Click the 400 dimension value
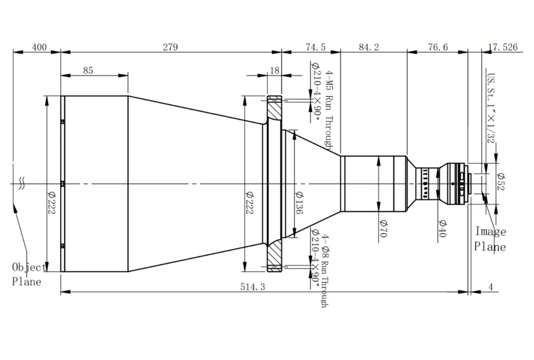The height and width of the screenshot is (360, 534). coord(39,47)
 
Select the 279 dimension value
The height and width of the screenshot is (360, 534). coord(170,47)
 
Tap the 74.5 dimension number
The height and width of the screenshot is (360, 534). coord(316,47)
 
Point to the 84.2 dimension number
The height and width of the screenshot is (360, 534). coord(369,47)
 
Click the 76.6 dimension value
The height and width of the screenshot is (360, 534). coord(438,47)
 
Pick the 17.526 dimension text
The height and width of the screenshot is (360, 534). coord(502,47)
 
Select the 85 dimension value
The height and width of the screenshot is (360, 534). coord(88,70)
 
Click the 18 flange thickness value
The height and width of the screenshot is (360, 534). coord(274,70)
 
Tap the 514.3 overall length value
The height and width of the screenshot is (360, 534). coord(253,287)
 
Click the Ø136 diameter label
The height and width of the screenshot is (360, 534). coord(299,202)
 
